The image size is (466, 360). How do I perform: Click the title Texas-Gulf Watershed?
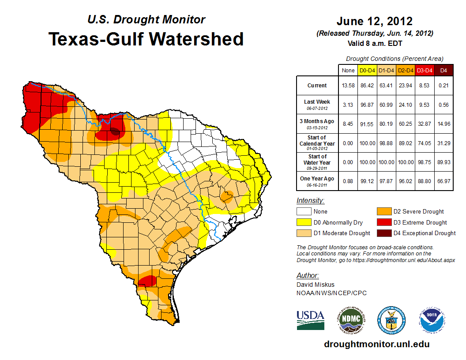[x=146, y=39]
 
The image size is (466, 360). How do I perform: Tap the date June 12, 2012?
[x=374, y=21]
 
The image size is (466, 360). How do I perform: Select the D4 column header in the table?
[x=443, y=70]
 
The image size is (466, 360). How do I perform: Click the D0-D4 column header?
[x=367, y=70]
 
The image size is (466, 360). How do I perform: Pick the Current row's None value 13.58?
[x=348, y=86]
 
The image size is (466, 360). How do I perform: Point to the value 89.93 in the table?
[x=443, y=162]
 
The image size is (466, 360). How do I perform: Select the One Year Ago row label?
[x=317, y=179]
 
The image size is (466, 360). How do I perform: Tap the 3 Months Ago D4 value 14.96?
[x=443, y=124]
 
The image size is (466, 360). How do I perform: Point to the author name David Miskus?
[x=315, y=285]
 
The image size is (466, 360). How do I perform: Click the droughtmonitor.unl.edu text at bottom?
[x=376, y=344]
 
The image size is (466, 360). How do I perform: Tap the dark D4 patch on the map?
[x=115, y=131]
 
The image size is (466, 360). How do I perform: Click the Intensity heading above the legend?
[x=310, y=201]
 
